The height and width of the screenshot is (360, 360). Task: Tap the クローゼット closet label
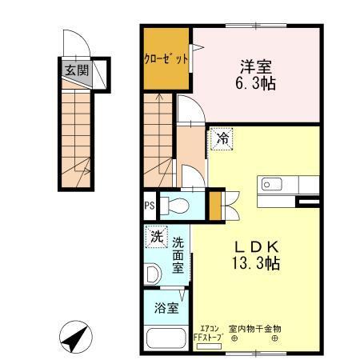point(166,58)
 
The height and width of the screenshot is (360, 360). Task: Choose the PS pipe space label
point(150,206)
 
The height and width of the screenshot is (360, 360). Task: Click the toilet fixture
point(176,206)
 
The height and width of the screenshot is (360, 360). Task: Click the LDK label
point(255,245)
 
